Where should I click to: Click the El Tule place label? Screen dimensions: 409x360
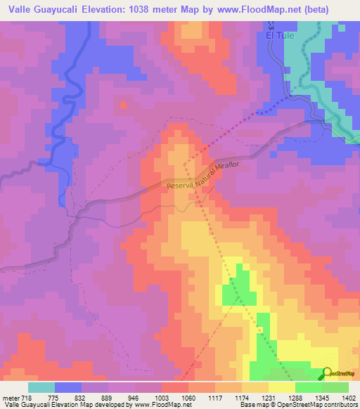[x=288, y=34]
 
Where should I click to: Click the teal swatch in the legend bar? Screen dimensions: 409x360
[x=41, y=387]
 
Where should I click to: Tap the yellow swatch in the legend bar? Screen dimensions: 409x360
[x=282, y=387]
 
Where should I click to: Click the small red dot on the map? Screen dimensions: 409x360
[x=123, y=105]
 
